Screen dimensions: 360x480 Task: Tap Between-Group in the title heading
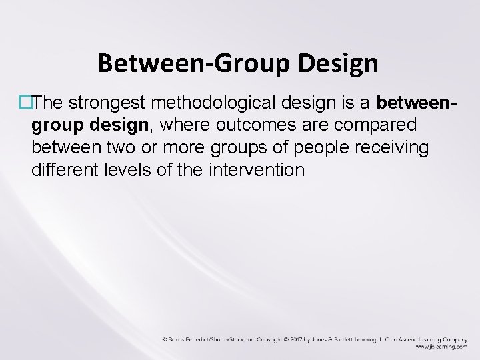point(190,63)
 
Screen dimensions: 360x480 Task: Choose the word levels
point(127,170)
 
